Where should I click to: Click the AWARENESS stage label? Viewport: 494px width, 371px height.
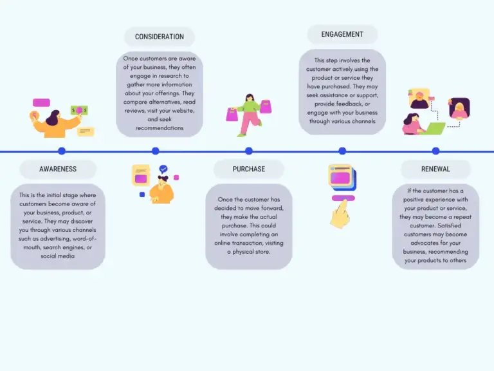[58, 169]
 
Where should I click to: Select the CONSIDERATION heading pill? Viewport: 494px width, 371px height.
[160, 37]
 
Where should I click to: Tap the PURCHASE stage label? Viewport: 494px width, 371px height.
[248, 169]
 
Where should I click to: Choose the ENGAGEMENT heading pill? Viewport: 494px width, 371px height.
[342, 35]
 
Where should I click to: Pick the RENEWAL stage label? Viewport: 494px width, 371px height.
[435, 169]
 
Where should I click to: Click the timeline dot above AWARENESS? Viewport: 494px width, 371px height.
[62, 151]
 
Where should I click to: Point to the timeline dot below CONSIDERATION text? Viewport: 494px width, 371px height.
[155, 151]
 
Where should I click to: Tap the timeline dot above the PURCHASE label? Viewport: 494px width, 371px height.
[249, 151]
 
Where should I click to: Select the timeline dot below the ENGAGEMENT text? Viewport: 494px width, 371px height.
[342, 151]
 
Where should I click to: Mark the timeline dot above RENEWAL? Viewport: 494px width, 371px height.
[435, 151]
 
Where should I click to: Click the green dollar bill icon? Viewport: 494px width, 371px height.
[80, 110]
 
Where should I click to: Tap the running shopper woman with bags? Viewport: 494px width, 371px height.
[248, 115]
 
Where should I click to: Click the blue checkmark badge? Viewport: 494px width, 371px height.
[163, 169]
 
